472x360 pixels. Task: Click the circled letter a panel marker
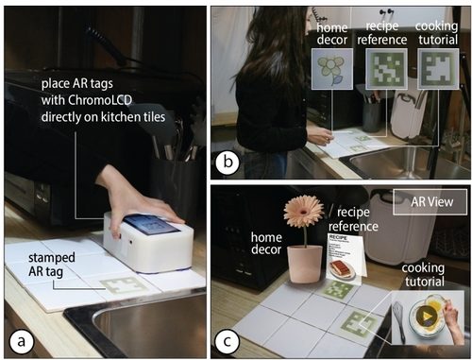coord(21,341)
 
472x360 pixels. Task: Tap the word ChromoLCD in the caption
coord(100,100)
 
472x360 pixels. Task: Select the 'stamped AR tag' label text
coord(52,265)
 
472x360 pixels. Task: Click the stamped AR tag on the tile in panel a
coord(124,285)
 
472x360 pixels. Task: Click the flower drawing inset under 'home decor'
coord(331,69)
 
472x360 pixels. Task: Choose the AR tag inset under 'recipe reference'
coord(386,69)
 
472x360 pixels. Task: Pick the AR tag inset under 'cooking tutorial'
coord(438,69)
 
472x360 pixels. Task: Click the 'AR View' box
coord(430,202)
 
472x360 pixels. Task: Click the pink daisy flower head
coord(304,211)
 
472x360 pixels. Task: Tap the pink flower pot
coord(305,264)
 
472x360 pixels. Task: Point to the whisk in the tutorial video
coord(398,320)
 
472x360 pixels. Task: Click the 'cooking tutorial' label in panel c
coord(424,274)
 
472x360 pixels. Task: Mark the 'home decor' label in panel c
coord(266,243)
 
